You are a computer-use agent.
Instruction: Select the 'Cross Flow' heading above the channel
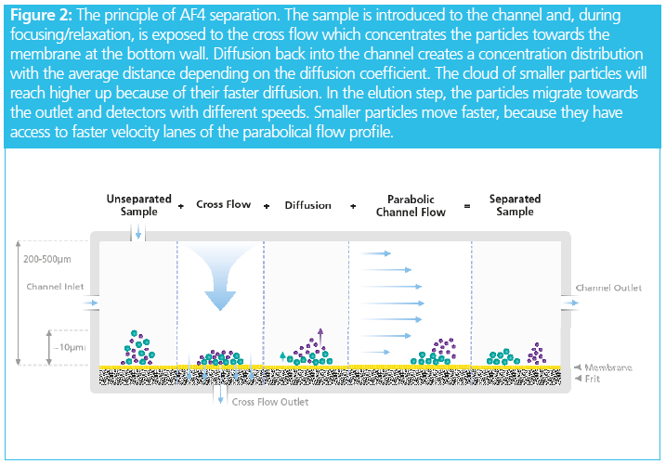[x=223, y=204]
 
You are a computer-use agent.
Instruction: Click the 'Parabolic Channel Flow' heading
[x=410, y=205]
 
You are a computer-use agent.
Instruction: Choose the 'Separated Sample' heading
[x=515, y=205]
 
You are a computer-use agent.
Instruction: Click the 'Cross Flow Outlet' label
[x=270, y=402]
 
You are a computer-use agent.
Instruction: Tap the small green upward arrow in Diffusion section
[x=281, y=355]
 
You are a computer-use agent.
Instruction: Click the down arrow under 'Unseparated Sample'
[x=138, y=232]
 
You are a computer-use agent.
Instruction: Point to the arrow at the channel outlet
[x=568, y=303]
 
